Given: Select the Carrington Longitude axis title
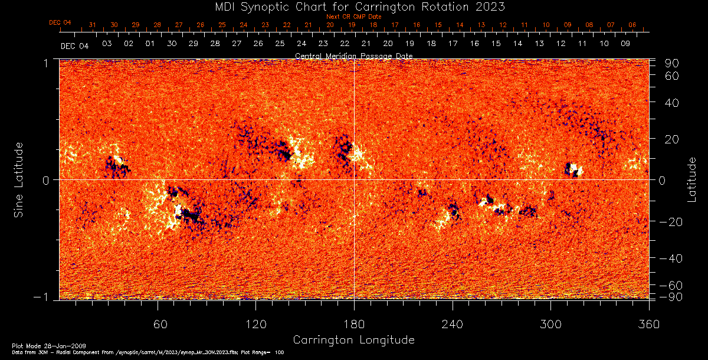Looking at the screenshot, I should [353, 340].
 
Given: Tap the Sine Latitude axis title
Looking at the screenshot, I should [19, 179].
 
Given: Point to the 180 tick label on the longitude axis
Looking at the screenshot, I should [354, 324].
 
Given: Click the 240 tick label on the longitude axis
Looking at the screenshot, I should [453, 324].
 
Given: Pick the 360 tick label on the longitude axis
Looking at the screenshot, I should [649, 324].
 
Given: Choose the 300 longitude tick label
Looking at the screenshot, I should [550, 324].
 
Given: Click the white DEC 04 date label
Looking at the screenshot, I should [74, 46].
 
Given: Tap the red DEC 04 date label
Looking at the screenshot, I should [60, 22].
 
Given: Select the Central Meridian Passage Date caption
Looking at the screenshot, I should [354, 55].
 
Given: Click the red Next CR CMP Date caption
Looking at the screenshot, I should [354, 17].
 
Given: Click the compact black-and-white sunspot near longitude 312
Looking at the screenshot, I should [573, 170].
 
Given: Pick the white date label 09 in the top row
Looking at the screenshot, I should [625, 44].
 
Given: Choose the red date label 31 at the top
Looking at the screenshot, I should [92, 25].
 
